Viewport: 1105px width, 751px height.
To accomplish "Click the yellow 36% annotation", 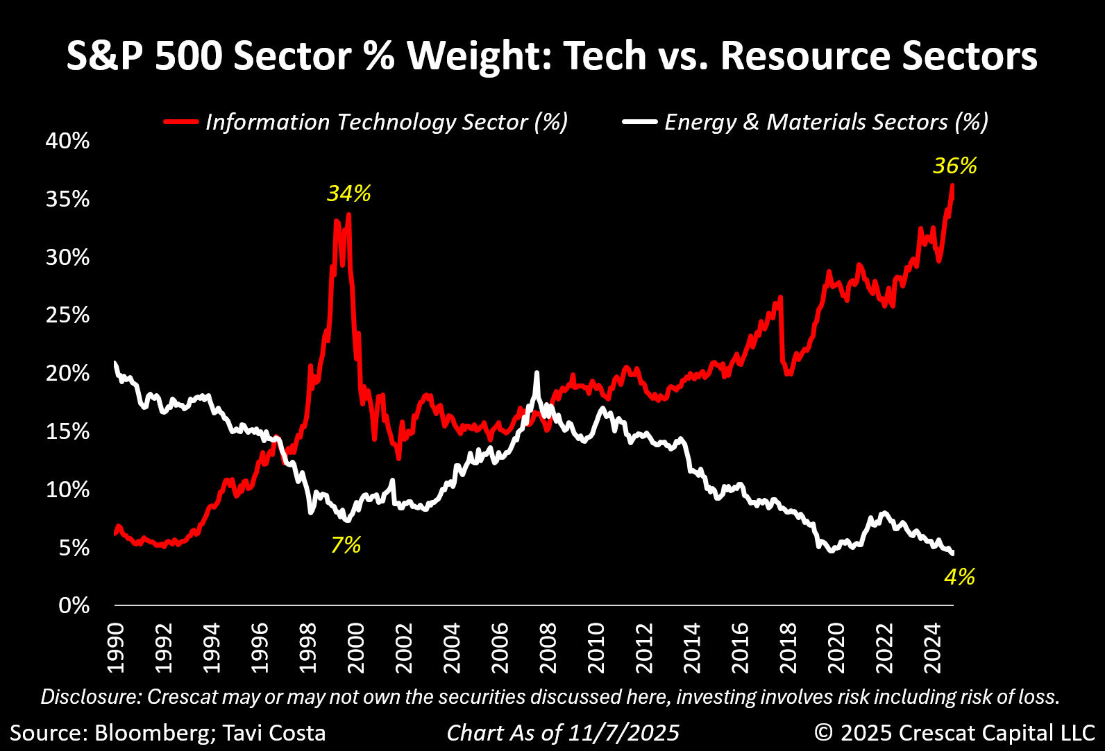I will pos(954,166).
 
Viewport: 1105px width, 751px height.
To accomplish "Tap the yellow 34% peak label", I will pos(348,193).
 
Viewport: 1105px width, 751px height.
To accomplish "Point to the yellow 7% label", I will pos(345,545).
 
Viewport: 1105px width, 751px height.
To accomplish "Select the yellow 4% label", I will pos(959,576).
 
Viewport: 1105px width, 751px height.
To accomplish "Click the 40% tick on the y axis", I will pos(67,141).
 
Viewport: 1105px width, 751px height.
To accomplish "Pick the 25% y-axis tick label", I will pos(67,316).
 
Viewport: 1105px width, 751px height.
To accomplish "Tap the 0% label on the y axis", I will pos(73,606).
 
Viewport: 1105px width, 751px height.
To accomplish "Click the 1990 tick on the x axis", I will pos(116,648).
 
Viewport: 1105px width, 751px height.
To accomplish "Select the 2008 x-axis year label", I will pos(548,648).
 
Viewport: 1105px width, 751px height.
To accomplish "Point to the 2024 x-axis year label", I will pos(933,648).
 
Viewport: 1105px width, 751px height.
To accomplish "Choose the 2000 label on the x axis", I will pos(356,648).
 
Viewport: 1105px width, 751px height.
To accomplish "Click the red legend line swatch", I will pos(181,122).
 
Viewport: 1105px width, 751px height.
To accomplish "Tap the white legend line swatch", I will pos(639,122).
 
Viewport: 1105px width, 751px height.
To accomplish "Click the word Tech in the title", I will pos(605,56).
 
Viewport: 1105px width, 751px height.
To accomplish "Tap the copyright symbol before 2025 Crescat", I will pos(824,733).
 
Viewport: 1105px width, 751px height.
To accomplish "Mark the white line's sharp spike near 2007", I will pos(537,374).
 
